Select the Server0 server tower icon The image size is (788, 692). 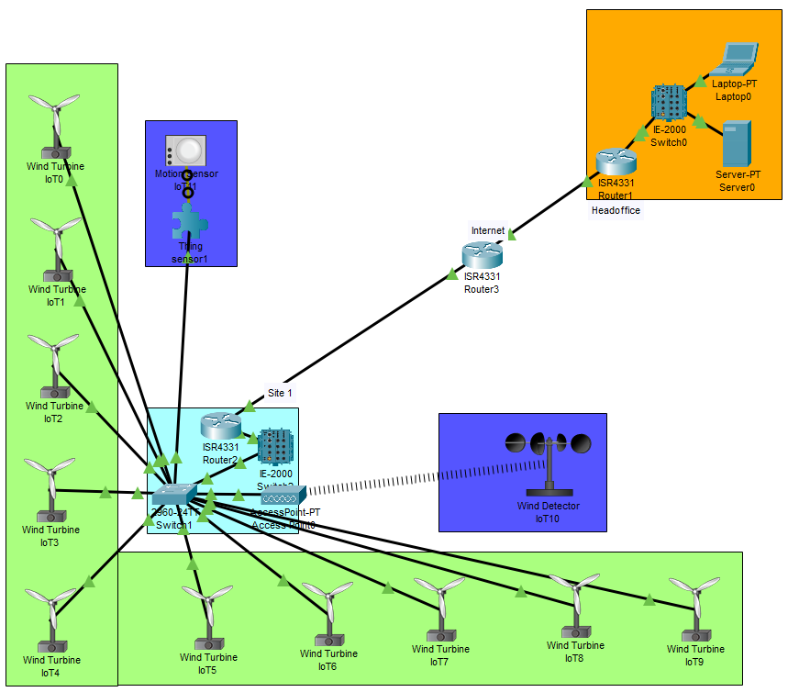coord(736,143)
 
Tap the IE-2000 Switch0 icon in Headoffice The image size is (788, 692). coord(670,103)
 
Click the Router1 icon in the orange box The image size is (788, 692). coord(616,162)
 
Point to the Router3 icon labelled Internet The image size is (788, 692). coord(482,254)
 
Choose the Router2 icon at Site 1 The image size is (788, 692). coord(220,426)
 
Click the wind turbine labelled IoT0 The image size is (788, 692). coord(54,127)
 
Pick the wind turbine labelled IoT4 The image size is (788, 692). coord(50,619)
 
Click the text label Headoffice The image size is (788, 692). coord(616,210)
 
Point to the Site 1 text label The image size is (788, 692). coord(280,393)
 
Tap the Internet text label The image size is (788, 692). coord(488,230)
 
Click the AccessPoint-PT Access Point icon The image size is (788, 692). coord(283,497)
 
